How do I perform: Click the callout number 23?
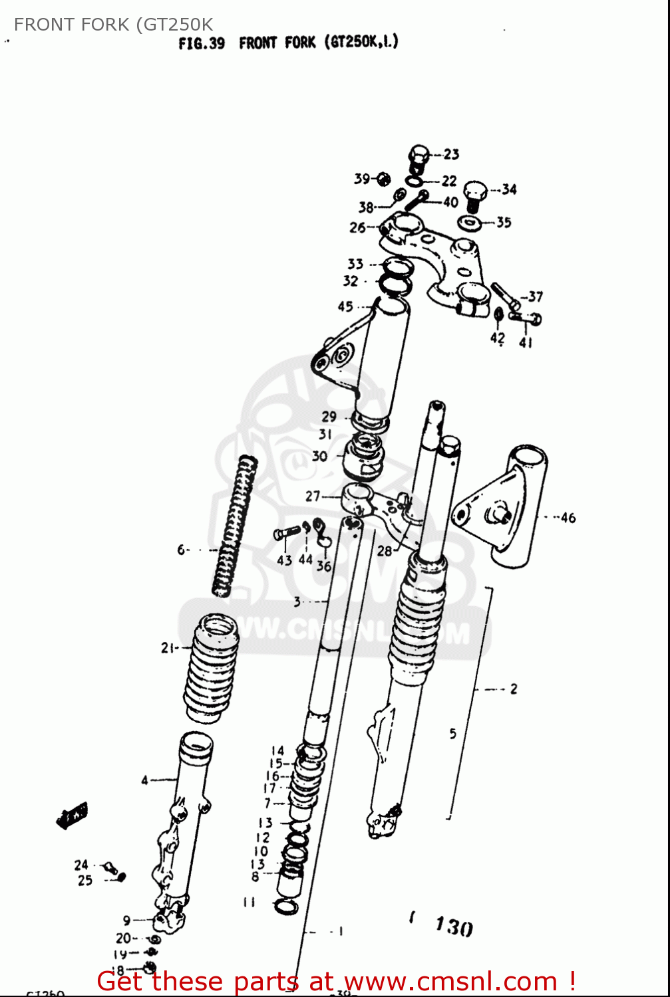point(451,154)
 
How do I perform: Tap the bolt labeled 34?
point(474,195)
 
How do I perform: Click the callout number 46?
point(568,518)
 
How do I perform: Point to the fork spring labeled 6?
point(235,525)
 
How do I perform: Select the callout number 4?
point(144,780)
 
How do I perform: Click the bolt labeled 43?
point(287,534)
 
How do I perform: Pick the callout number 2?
point(513,689)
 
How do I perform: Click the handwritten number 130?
point(454,925)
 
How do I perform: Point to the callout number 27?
point(313,496)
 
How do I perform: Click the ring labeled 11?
point(286,906)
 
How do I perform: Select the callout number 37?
point(536,296)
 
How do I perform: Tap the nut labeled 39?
point(383,179)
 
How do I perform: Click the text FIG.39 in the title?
point(202,44)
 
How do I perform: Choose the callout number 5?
point(452,734)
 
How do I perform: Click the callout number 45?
point(345,306)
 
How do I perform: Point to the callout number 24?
point(81,865)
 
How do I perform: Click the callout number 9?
point(126,921)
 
